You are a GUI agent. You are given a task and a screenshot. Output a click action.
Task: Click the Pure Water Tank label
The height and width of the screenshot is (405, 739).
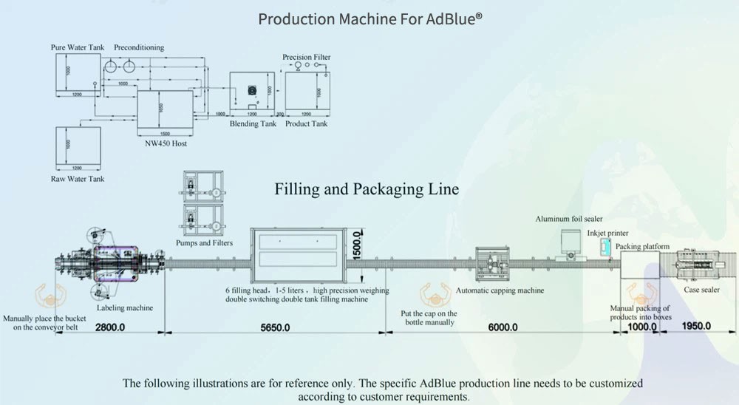[77, 48]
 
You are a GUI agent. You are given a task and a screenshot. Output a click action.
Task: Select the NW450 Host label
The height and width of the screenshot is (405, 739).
[165, 143]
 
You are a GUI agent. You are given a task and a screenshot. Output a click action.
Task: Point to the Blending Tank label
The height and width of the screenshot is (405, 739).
[253, 124]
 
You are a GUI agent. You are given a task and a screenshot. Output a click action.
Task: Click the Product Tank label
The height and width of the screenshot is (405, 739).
[307, 124]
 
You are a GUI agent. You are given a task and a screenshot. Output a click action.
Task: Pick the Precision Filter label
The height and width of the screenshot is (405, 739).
[307, 57]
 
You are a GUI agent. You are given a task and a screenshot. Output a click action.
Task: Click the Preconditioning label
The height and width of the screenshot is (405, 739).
[140, 48]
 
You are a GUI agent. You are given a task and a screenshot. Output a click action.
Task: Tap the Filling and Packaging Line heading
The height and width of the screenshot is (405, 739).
[367, 189]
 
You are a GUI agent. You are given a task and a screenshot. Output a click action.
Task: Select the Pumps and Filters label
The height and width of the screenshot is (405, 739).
[204, 243]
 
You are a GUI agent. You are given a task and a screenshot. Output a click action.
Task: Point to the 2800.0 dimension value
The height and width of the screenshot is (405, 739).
[110, 327]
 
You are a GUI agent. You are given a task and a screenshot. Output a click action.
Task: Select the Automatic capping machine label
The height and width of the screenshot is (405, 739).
[500, 290]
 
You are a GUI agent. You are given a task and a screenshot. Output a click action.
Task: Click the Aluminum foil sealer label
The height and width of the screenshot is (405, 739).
[569, 219]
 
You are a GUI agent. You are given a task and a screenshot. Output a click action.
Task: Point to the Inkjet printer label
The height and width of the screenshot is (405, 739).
[607, 234]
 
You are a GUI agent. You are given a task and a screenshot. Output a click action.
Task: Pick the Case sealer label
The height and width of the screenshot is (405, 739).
[701, 290]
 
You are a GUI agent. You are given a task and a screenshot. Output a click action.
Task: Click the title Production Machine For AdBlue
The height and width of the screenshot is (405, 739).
[370, 18]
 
